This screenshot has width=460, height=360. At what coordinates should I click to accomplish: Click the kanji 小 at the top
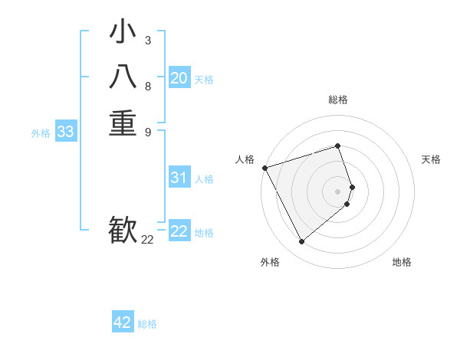click(123, 34)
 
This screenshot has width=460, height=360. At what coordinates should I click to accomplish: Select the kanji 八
click(123, 79)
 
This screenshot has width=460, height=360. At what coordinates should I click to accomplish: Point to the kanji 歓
click(123, 231)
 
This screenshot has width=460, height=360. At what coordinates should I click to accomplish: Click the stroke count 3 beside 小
click(148, 41)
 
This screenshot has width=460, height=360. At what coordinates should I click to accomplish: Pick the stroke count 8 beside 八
click(148, 86)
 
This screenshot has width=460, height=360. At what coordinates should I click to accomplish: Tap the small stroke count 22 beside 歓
click(147, 240)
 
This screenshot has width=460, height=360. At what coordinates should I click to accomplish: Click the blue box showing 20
click(179, 78)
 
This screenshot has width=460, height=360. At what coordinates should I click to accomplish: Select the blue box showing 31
click(179, 178)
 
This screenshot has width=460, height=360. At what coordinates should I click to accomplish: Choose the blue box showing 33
click(66, 132)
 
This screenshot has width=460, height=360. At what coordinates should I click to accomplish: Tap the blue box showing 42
click(123, 322)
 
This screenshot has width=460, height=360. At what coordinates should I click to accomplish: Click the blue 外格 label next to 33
click(41, 133)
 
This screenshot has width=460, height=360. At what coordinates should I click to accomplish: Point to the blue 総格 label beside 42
click(147, 324)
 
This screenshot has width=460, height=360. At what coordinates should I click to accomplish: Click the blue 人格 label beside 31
click(204, 179)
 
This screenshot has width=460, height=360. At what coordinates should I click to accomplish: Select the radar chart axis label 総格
click(338, 100)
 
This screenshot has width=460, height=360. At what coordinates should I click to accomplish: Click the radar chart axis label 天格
click(432, 159)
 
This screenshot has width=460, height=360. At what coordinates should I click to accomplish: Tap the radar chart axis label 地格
click(402, 262)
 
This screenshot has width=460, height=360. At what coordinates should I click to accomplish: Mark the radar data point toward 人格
click(264, 168)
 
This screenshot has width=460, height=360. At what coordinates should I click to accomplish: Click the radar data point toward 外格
click(301, 242)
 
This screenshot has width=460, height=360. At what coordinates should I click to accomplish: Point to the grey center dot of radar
click(338, 191)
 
